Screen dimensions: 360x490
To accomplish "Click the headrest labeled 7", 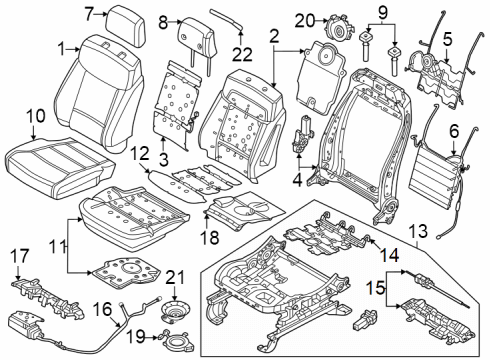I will click(x=122, y=17).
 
